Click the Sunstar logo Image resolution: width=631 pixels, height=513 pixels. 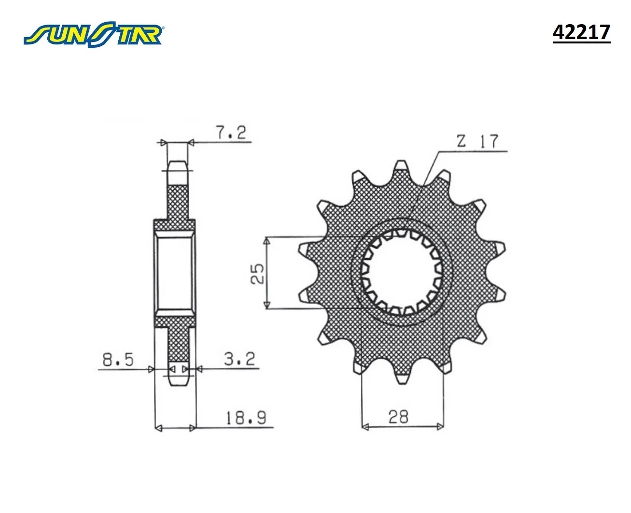coord(93,34)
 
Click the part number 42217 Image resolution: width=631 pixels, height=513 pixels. coord(581,32)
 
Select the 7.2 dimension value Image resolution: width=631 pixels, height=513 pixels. coord(231,132)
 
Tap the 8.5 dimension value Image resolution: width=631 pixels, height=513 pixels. coord(118,360)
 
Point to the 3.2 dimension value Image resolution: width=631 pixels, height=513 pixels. coord(239,359)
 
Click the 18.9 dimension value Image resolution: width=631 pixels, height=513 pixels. coord(246,417)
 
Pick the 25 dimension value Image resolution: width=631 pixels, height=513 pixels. coord(257,273)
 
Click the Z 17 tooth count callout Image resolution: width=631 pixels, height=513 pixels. coord(477,141)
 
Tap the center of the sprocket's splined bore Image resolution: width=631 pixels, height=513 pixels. coord(401,273)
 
